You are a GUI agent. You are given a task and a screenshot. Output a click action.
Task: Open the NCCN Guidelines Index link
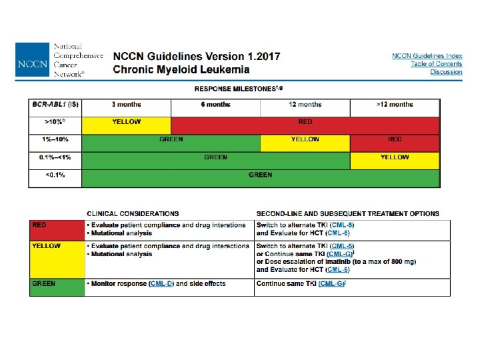(x=427, y=56)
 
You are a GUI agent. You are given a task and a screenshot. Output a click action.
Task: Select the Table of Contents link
(x=436, y=64)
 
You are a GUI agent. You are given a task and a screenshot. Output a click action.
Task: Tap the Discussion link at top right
(x=446, y=72)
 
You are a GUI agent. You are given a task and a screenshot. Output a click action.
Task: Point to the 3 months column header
(x=126, y=105)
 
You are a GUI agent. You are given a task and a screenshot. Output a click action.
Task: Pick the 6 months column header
(x=215, y=105)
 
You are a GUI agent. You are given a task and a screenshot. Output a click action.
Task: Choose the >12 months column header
(x=395, y=105)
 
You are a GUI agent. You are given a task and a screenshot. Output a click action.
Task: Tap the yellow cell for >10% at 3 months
(x=126, y=123)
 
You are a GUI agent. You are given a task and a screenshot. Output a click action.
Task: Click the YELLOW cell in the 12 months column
(x=305, y=140)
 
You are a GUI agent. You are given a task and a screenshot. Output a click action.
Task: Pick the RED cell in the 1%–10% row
(x=395, y=140)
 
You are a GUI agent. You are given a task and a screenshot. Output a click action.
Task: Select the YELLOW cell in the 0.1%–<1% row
(x=395, y=158)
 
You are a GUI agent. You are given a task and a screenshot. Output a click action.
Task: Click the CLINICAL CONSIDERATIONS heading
(x=133, y=214)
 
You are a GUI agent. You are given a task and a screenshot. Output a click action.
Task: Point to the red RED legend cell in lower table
(x=57, y=229)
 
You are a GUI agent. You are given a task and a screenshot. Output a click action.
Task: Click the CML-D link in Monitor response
(x=161, y=284)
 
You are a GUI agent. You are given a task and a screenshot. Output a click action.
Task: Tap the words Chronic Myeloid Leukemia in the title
(x=181, y=69)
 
